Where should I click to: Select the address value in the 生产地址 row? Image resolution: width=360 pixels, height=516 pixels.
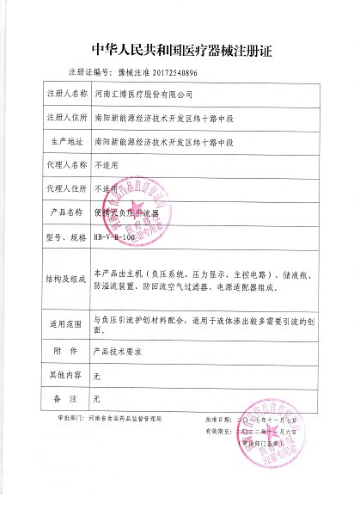(x=163, y=139)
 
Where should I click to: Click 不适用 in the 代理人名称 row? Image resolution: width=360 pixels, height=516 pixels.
(x=105, y=163)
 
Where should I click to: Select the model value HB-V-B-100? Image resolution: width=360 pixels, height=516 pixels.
(x=114, y=235)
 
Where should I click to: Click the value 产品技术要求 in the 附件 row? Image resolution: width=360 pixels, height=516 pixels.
(x=115, y=351)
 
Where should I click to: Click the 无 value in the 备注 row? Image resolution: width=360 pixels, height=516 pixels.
(x=96, y=399)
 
